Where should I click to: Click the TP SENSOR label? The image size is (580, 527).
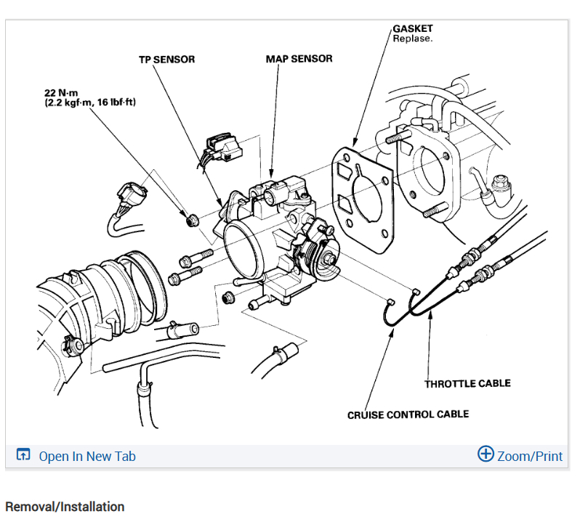[x=166, y=60]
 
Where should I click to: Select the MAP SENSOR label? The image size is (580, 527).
[x=299, y=58]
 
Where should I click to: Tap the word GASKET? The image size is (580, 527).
[x=413, y=28]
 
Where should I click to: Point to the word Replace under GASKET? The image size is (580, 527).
[x=412, y=38]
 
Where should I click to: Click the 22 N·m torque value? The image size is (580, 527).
[x=60, y=94]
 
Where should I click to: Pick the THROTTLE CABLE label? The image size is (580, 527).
[x=467, y=383]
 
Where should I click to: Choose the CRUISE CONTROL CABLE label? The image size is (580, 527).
[x=408, y=414]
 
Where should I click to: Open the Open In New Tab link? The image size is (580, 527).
[x=86, y=456]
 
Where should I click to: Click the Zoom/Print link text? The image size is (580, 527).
[x=530, y=456]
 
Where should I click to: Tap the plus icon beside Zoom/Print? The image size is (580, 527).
[x=485, y=454]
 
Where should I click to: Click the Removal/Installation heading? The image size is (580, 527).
[x=65, y=507]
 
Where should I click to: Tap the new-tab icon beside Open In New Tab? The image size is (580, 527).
[x=23, y=456]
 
